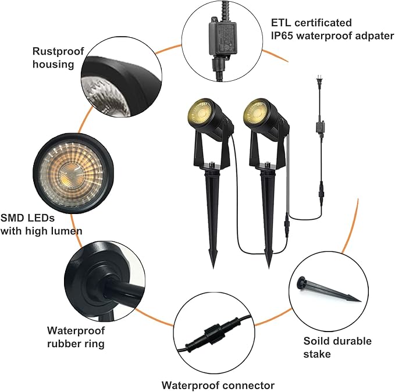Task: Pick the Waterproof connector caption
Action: tap(218, 385)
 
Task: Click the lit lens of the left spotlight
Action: tap(200, 111)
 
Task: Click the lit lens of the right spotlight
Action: tap(256, 111)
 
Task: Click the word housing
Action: tap(54, 64)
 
